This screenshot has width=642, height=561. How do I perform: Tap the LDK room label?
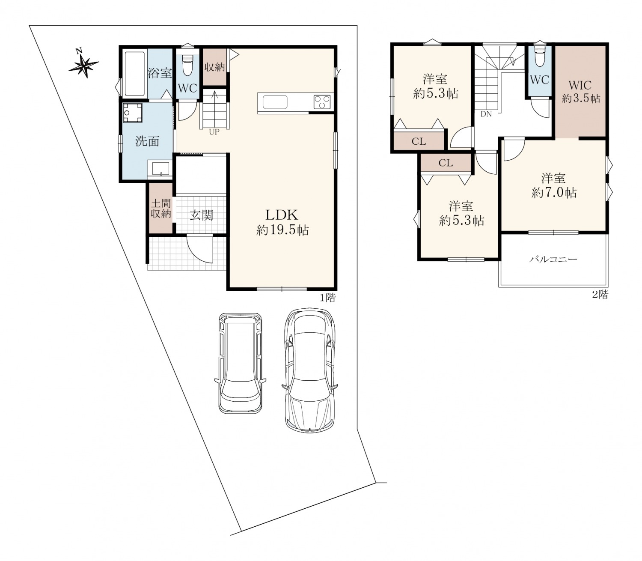282,215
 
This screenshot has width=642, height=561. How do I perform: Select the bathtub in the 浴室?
135,74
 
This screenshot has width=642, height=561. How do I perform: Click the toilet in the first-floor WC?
187,65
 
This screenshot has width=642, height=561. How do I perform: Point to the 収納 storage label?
214,67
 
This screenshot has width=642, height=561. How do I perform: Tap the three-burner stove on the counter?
322,102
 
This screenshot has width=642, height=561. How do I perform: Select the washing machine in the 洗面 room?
132,113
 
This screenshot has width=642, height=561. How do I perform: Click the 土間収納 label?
161,209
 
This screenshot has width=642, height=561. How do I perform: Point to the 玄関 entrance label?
202,215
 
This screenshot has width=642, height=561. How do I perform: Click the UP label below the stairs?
214,132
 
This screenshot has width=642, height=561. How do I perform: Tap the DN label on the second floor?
486,114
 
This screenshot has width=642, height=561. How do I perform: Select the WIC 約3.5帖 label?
581,92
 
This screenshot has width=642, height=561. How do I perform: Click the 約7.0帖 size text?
554,193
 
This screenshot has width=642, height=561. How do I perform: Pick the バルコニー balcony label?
553,260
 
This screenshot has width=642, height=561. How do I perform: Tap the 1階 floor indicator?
327,298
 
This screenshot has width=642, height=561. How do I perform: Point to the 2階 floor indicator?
600,295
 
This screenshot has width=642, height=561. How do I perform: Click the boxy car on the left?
241,363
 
